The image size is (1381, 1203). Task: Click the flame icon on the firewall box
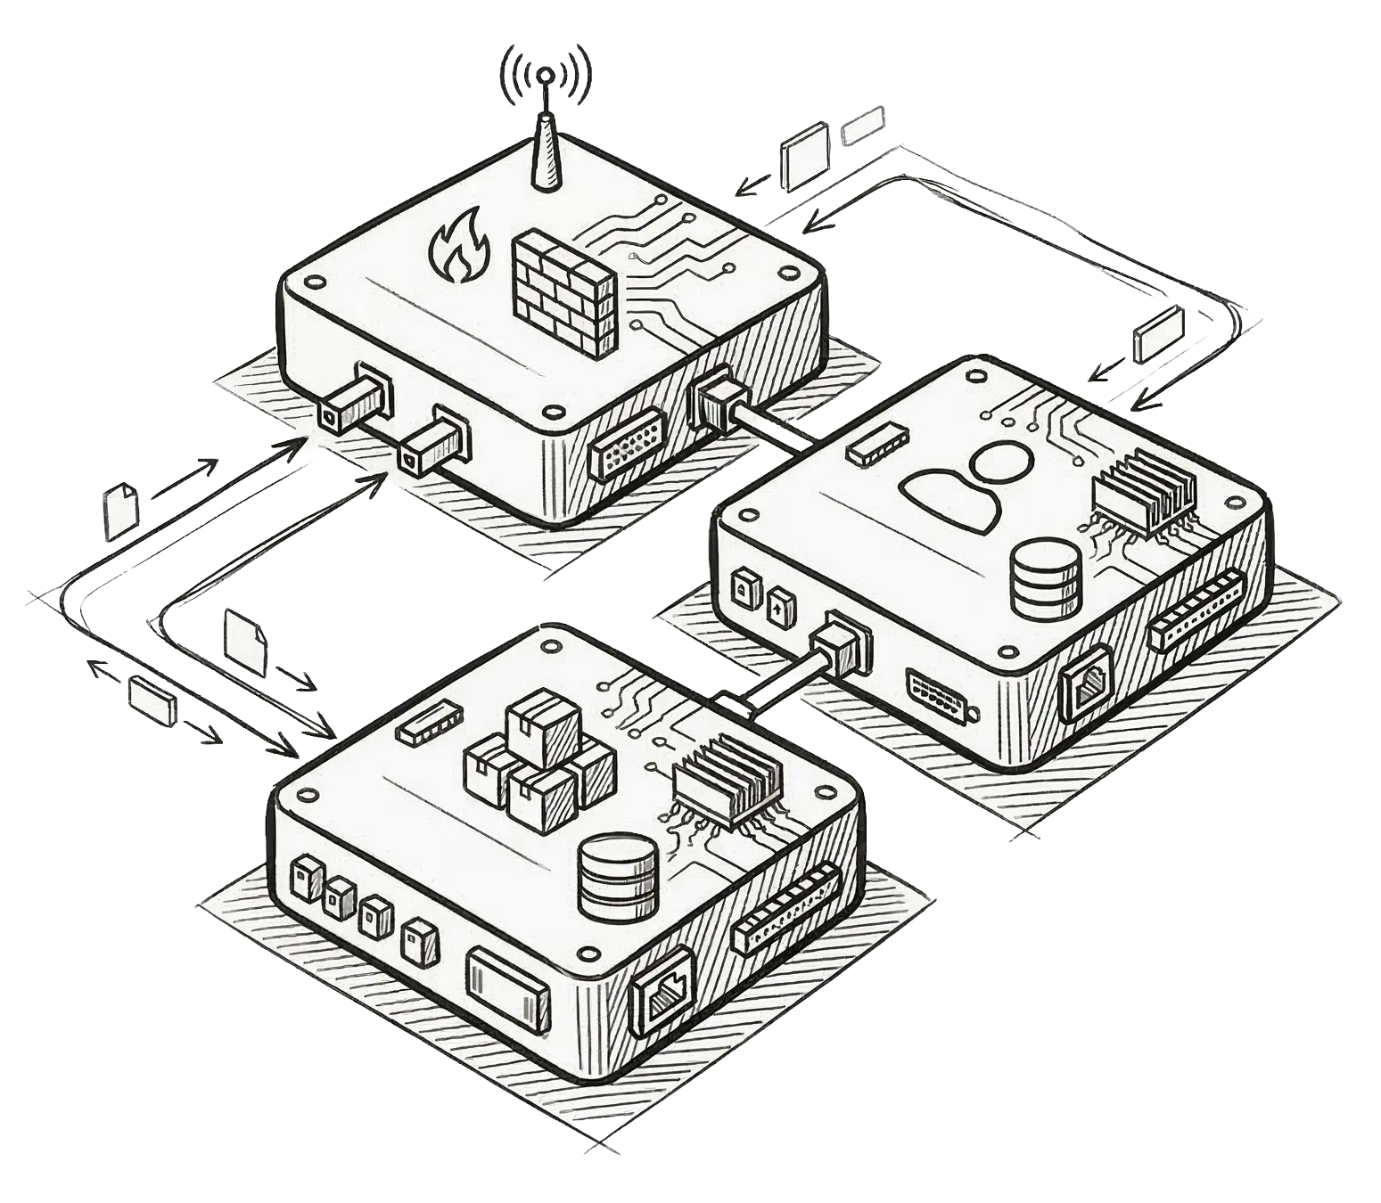coord(458,243)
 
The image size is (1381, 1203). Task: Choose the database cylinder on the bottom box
coord(618,877)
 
